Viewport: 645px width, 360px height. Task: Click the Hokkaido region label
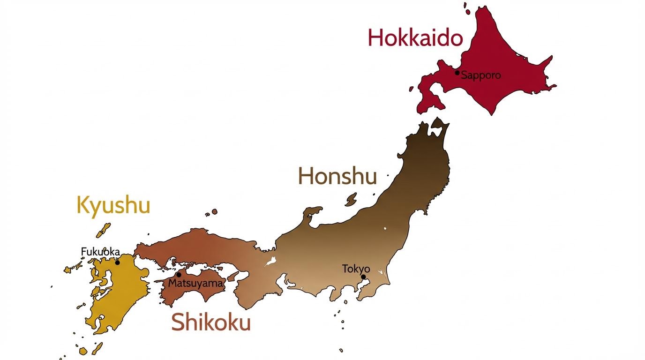415,37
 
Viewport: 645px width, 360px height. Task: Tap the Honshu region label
337,176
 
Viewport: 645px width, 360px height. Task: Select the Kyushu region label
113,205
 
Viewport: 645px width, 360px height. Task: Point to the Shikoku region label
210,322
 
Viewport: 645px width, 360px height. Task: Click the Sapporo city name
481,75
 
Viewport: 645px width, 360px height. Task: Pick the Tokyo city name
356,269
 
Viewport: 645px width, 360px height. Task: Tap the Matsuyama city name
195,283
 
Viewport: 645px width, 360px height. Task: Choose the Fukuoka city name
100,252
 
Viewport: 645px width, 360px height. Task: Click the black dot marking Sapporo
457,73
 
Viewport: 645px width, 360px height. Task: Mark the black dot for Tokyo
363,277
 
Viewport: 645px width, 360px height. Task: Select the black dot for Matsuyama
179,275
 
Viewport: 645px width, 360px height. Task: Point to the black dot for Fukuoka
117,262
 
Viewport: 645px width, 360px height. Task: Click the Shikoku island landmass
197,295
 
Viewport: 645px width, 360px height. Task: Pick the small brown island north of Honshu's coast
351,200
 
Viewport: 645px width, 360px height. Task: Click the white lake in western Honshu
271,262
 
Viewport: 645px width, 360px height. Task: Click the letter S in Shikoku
178,322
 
